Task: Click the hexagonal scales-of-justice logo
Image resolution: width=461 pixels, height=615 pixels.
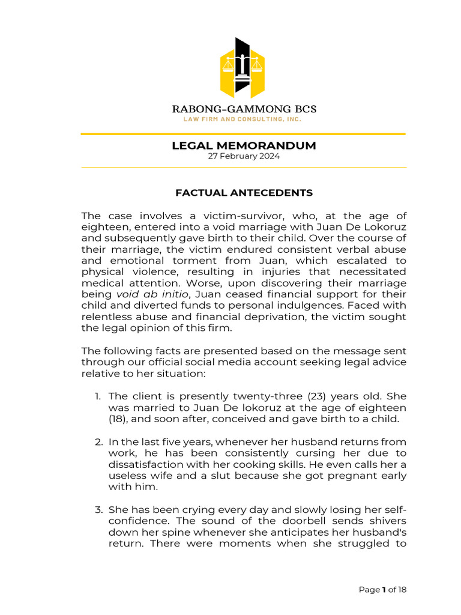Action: tap(243, 68)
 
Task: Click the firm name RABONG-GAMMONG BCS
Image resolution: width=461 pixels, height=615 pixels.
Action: tap(244, 109)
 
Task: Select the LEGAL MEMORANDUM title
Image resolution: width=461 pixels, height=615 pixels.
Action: tap(244, 146)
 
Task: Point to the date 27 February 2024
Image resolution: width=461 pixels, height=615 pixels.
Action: tap(244, 156)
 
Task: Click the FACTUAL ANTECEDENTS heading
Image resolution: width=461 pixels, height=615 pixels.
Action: tap(244, 193)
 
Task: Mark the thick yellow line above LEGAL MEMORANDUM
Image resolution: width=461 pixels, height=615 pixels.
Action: tap(244, 134)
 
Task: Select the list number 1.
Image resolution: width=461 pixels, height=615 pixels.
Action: tap(98, 396)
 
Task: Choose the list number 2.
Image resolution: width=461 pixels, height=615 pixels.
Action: tap(98, 441)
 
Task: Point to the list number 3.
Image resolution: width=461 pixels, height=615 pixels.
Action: tap(98, 510)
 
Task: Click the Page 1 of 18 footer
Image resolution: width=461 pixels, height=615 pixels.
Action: tap(382, 590)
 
